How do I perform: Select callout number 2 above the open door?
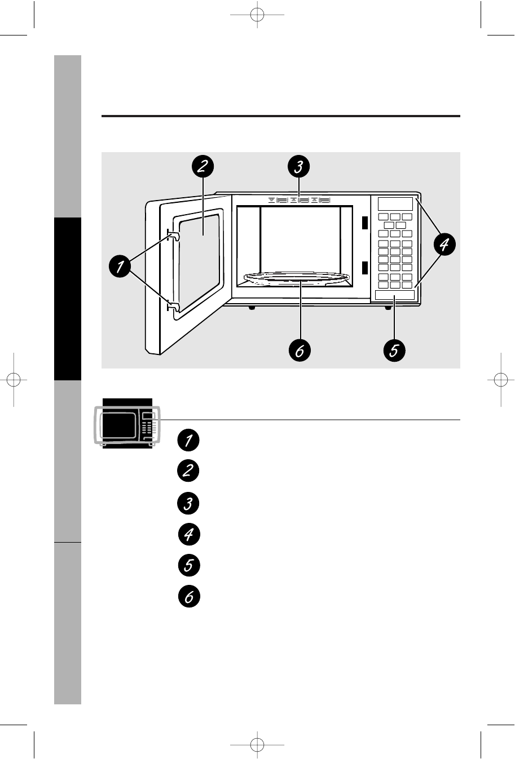[202, 167]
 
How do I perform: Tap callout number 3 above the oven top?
[299, 167]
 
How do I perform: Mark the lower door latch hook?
[173, 307]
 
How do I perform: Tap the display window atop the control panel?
[395, 203]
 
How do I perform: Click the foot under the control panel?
[388, 308]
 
